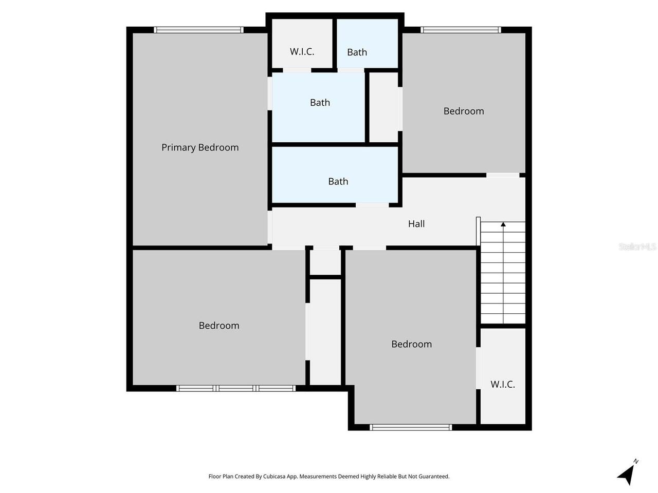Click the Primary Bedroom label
tap(200, 147)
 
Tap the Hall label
tap(416, 223)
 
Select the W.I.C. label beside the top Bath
tap(302, 51)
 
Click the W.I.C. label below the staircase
tap(502, 384)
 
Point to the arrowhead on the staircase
tap(503, 224)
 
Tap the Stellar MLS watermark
tap(637, 246)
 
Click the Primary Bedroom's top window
tap(199, 30)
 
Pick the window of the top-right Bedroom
tap(461, 30)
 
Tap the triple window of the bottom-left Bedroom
tap(236, 388)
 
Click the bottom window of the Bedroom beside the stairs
tap(411, 427)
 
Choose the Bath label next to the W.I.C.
tap(357, 52)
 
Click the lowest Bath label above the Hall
tap(338, 181)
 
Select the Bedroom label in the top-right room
tap(464, 111)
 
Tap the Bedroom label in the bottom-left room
tap(219, 326)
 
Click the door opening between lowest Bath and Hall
tap(372, 205)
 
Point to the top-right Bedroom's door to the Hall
tap(503, 176)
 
